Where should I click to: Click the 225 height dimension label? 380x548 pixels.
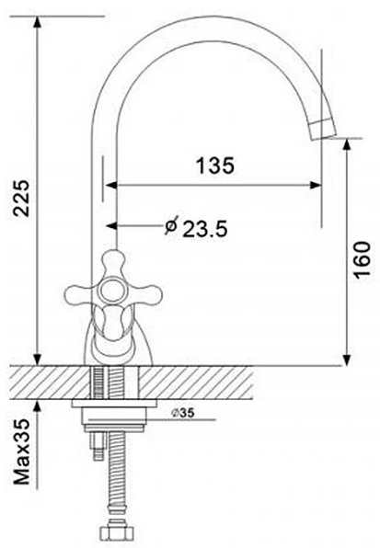coord(22,199)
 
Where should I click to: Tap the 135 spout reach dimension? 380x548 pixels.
coord(215,166)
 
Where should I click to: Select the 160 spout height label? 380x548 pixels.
coord(362,259)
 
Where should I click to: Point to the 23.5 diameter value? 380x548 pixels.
coord(205,229)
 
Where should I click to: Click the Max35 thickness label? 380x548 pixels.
coord(22,451)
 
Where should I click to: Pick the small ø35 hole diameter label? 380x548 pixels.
coord(183,413)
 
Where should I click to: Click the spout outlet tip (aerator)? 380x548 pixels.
coord(323,130)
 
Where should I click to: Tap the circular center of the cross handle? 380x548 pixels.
coord(112,291)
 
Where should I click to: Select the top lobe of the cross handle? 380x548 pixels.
coord(113,263)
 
